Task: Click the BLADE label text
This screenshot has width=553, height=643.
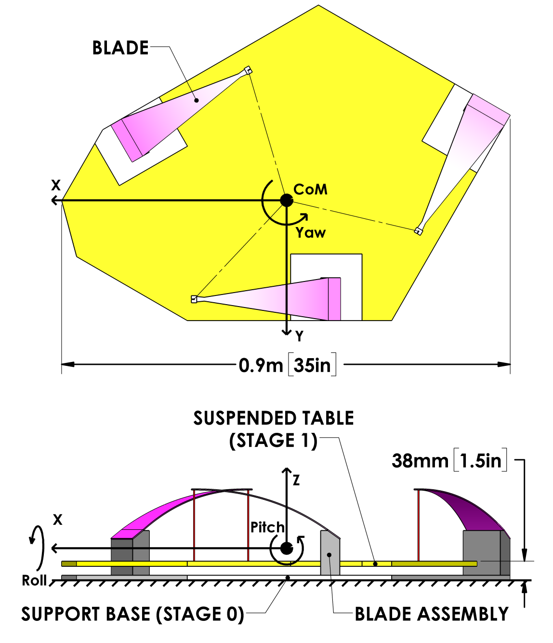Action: pos(120,48)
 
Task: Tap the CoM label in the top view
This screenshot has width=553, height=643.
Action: pos(311,189)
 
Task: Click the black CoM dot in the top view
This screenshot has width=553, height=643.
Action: pos(287,200)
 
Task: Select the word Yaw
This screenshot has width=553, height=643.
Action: pos(311,233)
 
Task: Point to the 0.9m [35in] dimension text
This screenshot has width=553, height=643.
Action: pos(287,365)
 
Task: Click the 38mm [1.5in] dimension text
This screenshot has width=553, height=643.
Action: pos(449,461)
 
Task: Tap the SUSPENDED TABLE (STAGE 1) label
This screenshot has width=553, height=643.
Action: pos(274,429)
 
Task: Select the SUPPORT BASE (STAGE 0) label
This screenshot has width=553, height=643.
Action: pos(132,614)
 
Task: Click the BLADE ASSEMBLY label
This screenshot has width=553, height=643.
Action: pos(432,614)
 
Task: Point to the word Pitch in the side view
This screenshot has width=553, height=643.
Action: pos(267,527)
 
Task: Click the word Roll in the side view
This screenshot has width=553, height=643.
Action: pos(34,580)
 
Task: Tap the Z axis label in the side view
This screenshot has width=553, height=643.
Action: pos(296,480)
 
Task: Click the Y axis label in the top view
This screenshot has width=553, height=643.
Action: pos(300,336)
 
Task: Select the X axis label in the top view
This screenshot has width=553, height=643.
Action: pos(56,185)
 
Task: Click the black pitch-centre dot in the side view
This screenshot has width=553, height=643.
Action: pos(287,548)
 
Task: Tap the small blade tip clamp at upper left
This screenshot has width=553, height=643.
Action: pos(248,70)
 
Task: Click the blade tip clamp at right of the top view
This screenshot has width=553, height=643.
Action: pos(419,231)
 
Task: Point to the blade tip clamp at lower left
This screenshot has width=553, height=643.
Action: pos(194,299)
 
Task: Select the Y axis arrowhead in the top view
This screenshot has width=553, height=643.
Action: pos(287,332)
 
